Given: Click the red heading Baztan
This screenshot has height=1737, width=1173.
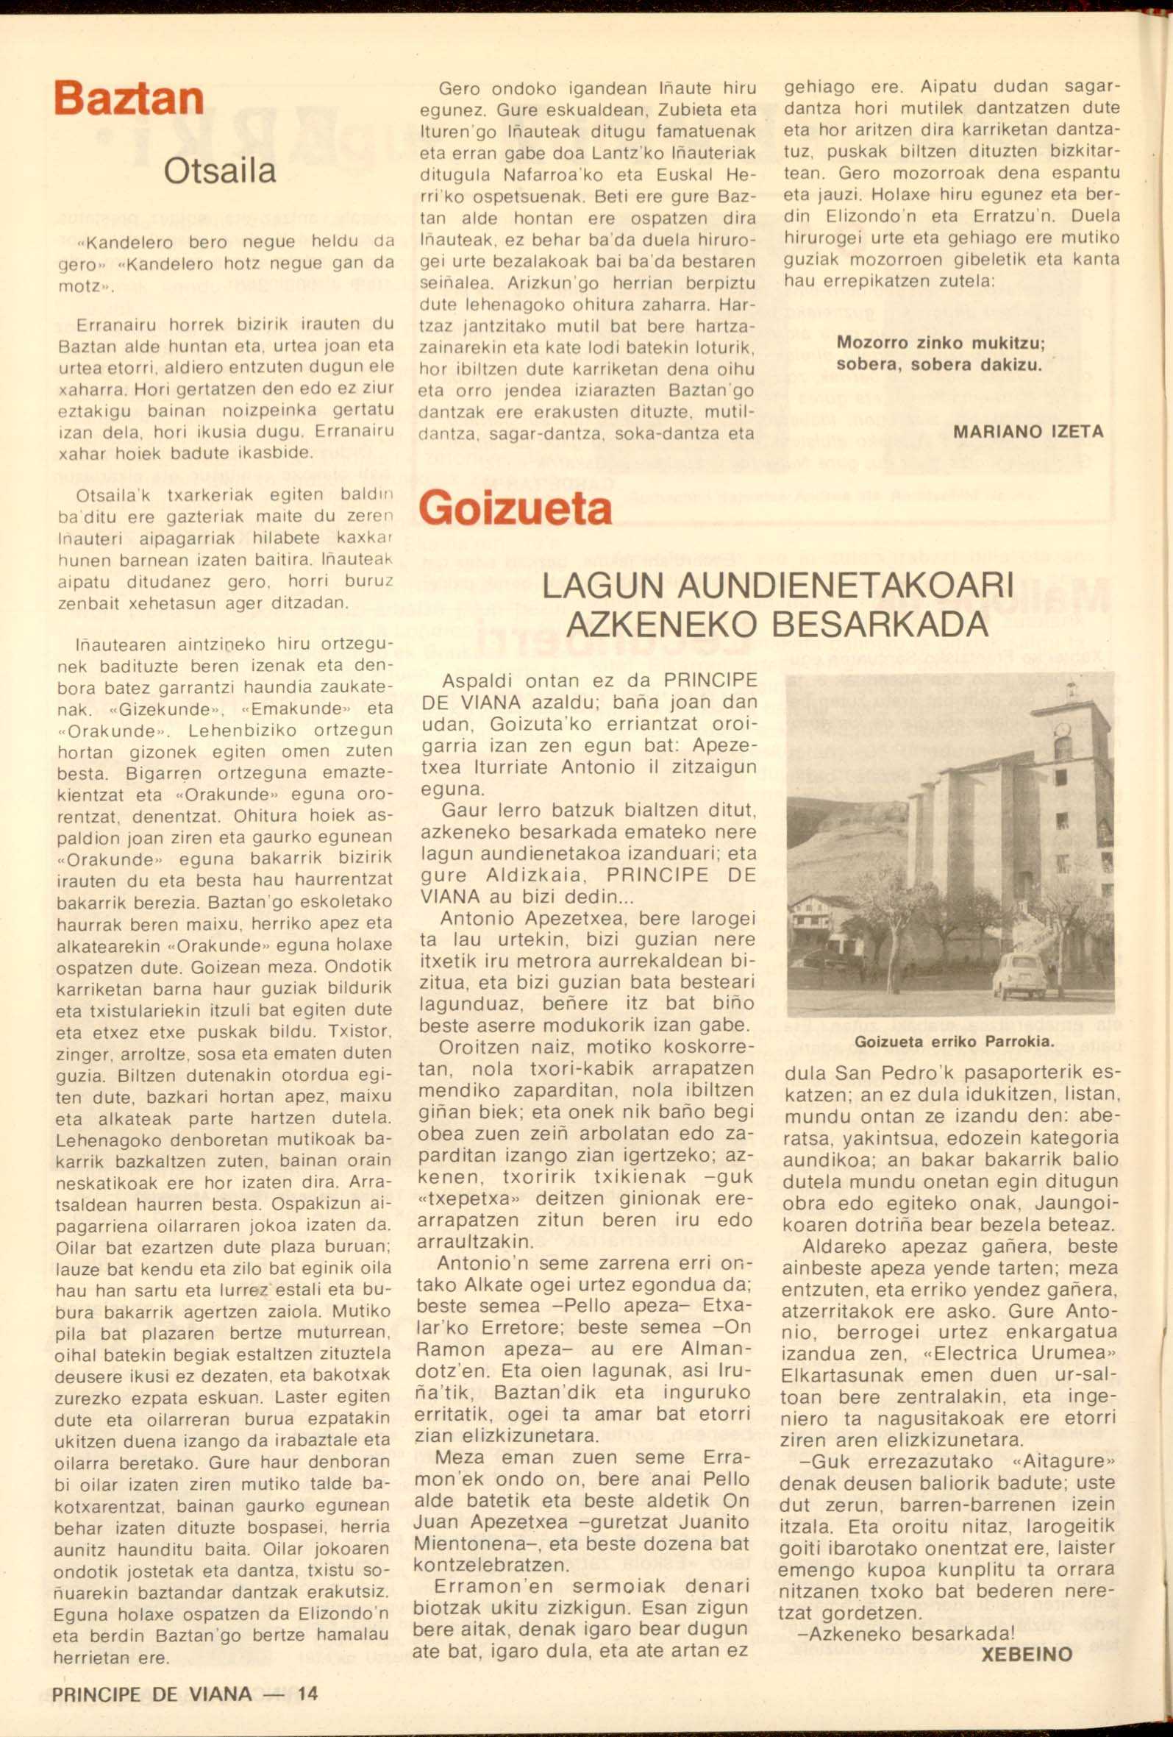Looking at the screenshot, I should point(129,98).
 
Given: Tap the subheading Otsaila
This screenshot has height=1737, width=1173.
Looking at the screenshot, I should point(220,171).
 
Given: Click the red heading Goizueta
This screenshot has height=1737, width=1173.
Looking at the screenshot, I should point(515,508).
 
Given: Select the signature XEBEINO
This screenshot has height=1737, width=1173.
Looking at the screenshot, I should point(1027,1654).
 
